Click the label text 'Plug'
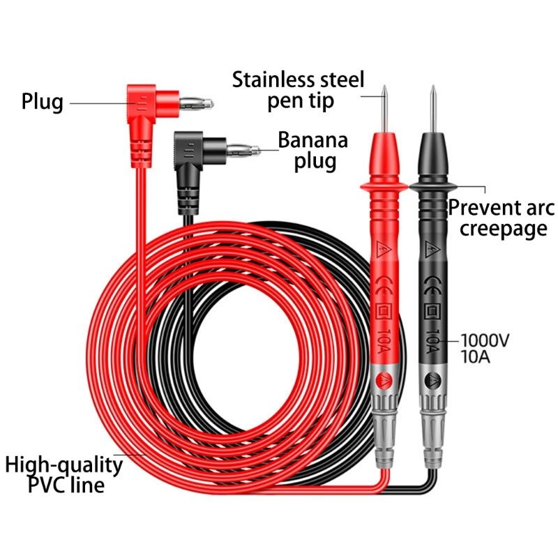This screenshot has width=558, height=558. coord(42,102)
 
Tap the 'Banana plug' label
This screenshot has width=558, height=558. coord(312,150)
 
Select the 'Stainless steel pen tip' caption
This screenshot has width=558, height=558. coord(299,89)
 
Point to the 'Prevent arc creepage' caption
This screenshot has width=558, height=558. coord(501,218)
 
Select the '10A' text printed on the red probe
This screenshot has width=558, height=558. coord(383,343)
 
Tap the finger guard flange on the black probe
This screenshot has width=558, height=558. coord(432,186)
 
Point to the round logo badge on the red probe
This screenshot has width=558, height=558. coord(383,381)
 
